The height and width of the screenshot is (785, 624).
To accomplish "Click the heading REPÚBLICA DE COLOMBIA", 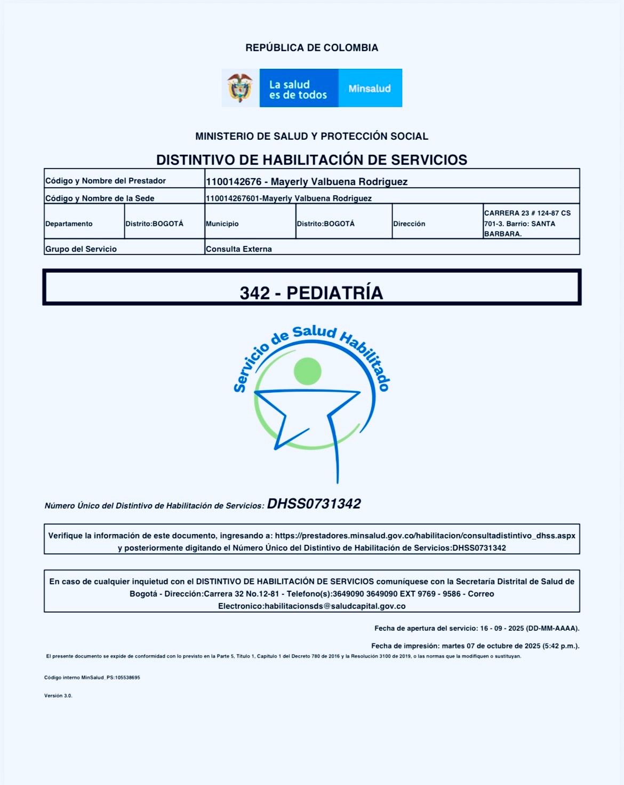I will (x=311, y=48).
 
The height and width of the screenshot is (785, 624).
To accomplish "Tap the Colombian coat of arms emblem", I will (x=240, y=88).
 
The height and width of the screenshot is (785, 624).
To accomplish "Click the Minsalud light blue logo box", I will (x=370, y=89).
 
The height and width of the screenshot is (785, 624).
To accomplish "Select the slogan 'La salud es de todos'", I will (x=298, y=90).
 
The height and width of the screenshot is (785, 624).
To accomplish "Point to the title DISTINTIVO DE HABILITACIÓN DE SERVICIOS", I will (x=311, y=160).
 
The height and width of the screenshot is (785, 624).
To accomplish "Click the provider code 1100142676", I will (x=234, y=181).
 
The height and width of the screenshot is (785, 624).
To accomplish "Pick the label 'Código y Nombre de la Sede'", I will (x=100, y=198).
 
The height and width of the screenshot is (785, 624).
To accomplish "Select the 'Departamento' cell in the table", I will (x=69, y=224).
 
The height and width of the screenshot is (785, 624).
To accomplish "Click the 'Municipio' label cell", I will (x=222, y=224).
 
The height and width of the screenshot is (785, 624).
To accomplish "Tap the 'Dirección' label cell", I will (x=409, y=224).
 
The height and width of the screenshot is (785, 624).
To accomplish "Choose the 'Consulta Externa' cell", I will (x=239, y=249).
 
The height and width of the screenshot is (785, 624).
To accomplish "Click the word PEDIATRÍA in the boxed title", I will (x=335, y=293).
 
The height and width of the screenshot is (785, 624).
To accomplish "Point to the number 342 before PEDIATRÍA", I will (x=254, y=293).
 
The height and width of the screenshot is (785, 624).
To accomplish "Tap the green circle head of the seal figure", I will (x=307, y=371).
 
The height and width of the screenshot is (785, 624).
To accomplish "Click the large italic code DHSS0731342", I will (x=314, y=504).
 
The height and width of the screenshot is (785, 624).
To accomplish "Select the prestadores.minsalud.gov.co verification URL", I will (x=425, y=535).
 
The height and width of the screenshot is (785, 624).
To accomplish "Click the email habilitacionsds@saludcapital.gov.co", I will (x=335, y=606).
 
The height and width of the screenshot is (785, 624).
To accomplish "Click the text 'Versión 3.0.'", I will (x=58, y=696).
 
